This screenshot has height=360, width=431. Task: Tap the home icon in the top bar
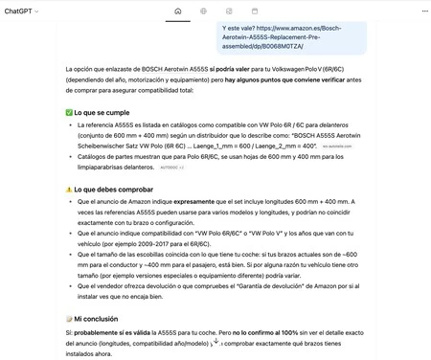pyautogui.click(x=178, y=11)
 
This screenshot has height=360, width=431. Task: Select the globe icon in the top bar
pyautogui.click(x=203, y=11)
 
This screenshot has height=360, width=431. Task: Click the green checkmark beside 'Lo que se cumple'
pyautogui.click(x=69, y=112)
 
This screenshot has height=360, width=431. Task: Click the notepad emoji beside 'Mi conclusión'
pyautogui.click(x=69, y=318)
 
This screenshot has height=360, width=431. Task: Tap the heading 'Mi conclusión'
pyautogui.click(x=100, y=318)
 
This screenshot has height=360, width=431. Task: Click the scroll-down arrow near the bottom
pyautogui.click(x=215, y=341)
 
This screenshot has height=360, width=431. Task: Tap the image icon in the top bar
pyautogui.click(x=228, y=11)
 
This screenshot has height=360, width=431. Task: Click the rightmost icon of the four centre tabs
pyautogui.click(x=254, y=11)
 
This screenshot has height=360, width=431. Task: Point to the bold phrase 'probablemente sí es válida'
pyautogui.click(x=117, y=331)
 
